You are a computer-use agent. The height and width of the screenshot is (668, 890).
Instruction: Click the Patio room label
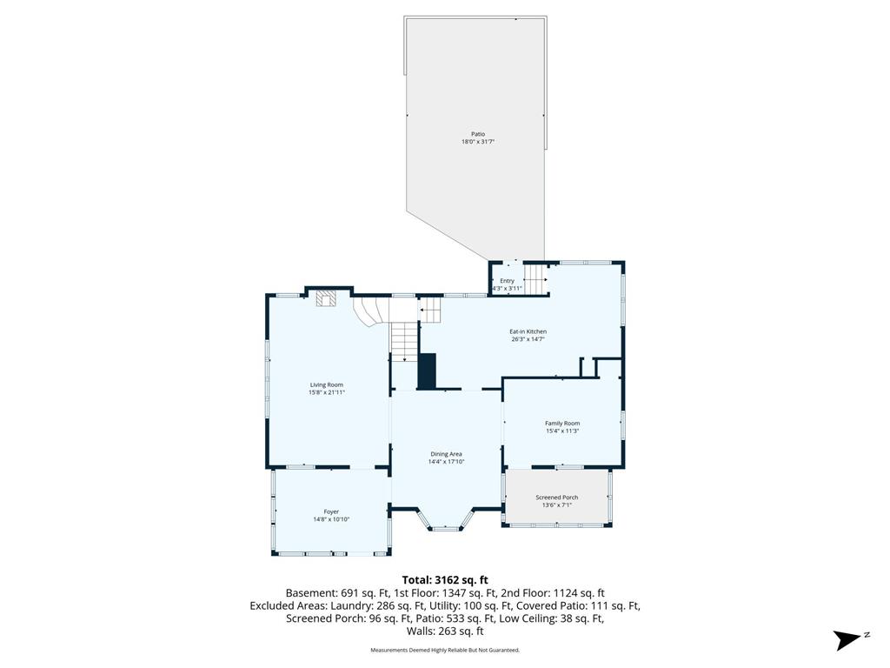[478, 134]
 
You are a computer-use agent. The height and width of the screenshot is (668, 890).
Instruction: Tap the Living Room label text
[327, 384]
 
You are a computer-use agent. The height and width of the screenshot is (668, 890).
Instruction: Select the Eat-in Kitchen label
[528, 331]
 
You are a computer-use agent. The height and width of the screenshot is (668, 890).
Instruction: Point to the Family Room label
[562, 424]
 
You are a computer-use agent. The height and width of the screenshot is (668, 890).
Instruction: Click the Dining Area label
[446, 454]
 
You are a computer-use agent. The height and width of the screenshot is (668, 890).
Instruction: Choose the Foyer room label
[331, 511]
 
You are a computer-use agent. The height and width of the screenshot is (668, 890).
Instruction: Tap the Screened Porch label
[557, 498]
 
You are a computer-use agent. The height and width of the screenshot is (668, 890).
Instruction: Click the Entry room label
[507, 281]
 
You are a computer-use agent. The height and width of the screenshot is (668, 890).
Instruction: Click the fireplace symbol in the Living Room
[326, 299]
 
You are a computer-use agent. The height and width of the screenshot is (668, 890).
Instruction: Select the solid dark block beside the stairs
[426, 371]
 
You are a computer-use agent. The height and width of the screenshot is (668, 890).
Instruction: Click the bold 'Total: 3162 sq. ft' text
[445, 580]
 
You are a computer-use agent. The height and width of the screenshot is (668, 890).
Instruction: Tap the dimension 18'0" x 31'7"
[478, 142]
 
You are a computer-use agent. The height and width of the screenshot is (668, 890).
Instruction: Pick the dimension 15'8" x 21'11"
[327, 392]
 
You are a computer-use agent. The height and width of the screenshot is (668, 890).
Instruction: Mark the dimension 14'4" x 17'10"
[446, 463]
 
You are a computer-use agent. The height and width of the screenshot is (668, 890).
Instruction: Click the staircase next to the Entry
[535, 278]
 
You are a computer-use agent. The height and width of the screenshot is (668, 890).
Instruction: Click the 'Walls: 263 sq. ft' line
[445, 631]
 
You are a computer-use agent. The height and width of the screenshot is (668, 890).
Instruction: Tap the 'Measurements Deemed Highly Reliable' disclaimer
[445, 650]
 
